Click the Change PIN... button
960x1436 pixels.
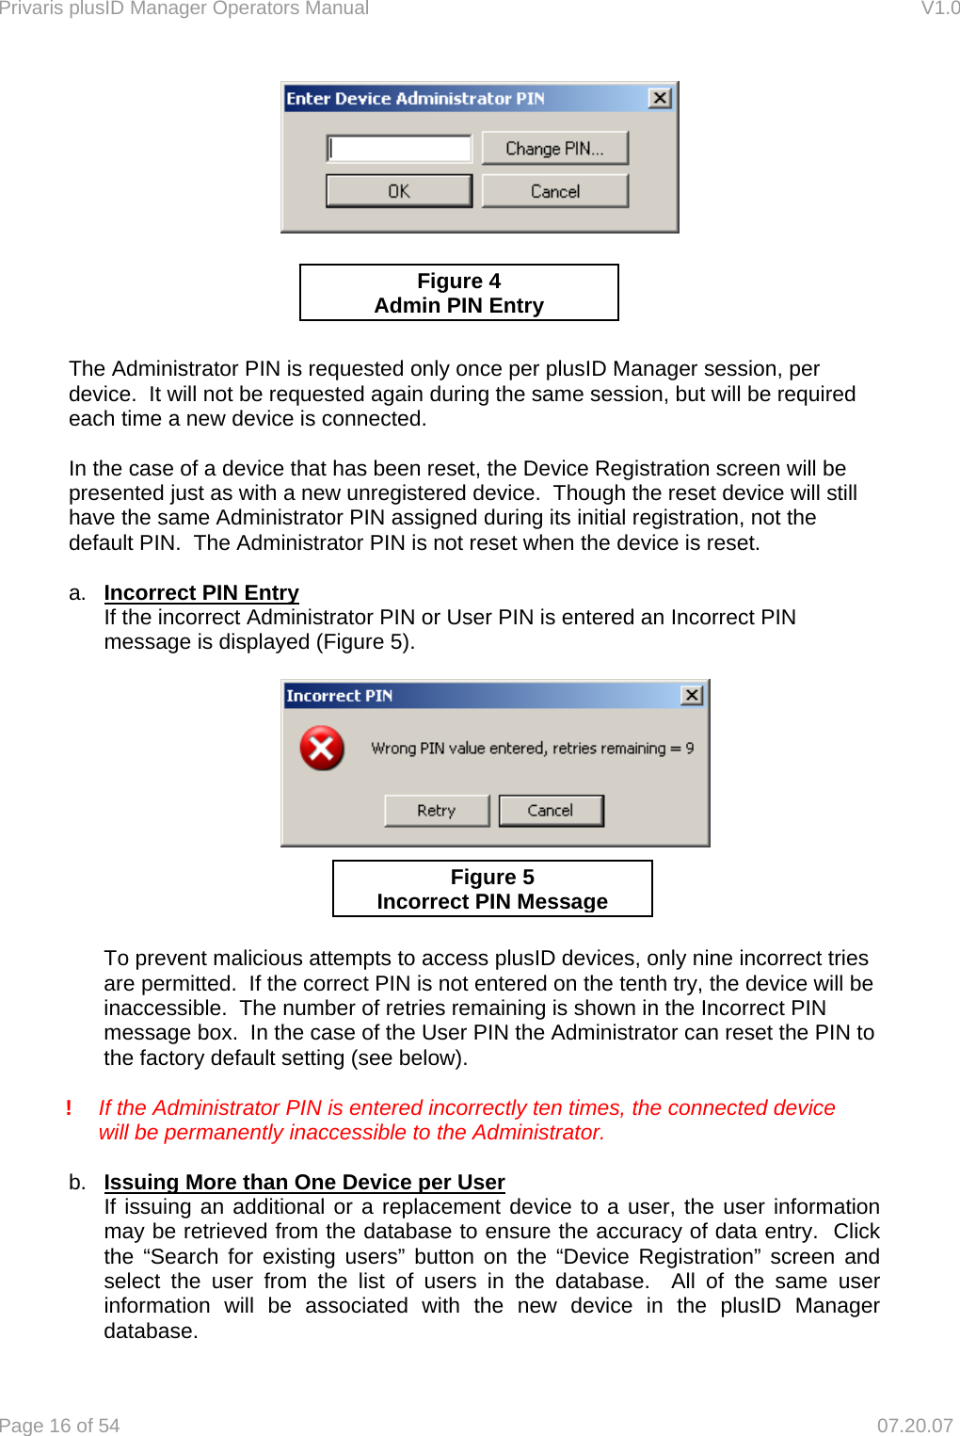[554, 149]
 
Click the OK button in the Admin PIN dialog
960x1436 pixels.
[399, 191]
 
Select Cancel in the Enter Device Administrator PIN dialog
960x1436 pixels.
[554, 191]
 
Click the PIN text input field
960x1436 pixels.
[399, 149]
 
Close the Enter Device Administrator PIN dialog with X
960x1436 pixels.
[661, 98]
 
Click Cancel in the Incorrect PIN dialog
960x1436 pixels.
[551, 811]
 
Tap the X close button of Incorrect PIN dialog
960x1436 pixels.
[692, 695]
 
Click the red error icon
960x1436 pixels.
[322, 749]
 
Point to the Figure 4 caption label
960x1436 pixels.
[459, 293]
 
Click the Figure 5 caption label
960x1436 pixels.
[492, 889]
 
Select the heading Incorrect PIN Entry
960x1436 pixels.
[201, 593]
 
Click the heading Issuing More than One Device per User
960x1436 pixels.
[304, 1183]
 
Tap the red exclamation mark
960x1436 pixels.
[69, 1108]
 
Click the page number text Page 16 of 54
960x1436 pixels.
[60, 1426]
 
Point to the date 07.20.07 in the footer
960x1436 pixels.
[914, 1426]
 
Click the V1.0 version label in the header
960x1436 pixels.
[939, 8]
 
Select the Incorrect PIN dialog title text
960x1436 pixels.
[340, 696]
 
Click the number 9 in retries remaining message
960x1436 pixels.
[690, 749]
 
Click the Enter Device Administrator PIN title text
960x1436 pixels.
[415, 99]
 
